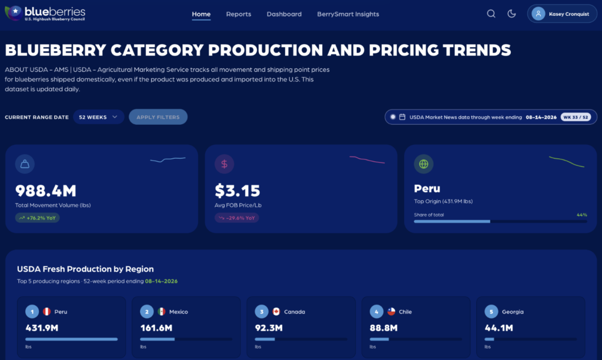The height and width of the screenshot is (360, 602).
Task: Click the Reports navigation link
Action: point(239,14)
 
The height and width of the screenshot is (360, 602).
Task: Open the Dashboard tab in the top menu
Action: point(284,14)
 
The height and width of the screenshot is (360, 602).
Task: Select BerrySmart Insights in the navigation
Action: point(348,14)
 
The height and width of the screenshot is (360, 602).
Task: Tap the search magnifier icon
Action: point(491,14)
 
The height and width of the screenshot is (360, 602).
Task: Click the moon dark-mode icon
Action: point(511,14)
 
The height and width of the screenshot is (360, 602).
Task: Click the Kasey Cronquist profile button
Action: point(562,14)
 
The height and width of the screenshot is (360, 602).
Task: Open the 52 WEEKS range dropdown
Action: point(98,117)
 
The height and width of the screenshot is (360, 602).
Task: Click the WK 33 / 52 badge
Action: point(576,117)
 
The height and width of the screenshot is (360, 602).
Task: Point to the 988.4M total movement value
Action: point(46,191)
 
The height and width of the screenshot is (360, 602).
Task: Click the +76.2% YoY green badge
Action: point(37,218)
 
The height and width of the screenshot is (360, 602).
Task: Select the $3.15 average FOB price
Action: point(238,191)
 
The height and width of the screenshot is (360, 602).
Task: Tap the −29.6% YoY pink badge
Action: point(236,218)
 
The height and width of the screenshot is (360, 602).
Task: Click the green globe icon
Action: point(423,164)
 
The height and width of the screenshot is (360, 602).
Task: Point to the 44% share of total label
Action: point(581,215)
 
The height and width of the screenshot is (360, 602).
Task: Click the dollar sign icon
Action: point(224,164)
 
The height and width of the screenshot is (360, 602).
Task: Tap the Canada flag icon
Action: point(276,312)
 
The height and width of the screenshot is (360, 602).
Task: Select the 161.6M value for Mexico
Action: point(156,328)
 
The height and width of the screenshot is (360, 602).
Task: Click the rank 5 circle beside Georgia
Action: point(491,312)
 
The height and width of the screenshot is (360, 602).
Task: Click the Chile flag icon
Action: point(391,312)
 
